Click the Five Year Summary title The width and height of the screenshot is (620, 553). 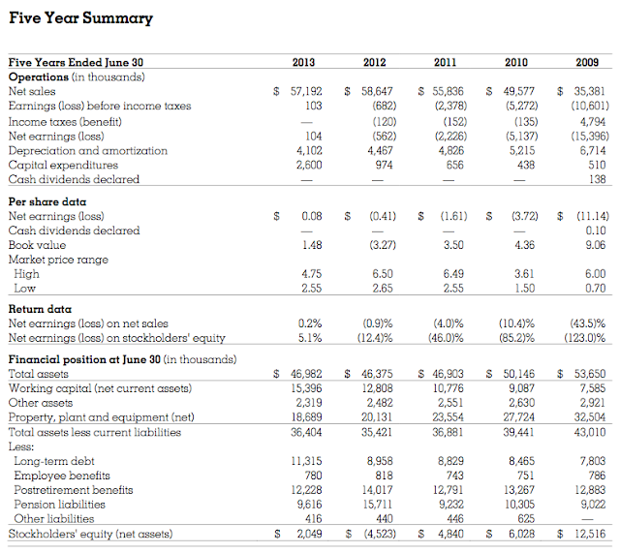tap(80, 18)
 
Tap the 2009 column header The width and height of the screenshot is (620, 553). tap(587, 63)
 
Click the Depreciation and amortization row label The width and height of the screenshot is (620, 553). tap(87, 150)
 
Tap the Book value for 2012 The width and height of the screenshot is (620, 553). tap(374, 245)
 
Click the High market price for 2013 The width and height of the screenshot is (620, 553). tap(311, 274)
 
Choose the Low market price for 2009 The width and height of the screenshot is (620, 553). tap(594, 289)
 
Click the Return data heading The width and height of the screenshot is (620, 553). tap(40, 309)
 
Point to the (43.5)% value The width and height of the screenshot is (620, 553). tap(588, 323)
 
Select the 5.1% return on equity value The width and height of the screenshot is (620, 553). tap(311, 338)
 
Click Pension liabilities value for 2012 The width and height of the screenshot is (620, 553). tap(375, 505)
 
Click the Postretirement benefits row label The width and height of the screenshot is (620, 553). tap(73, 490)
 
